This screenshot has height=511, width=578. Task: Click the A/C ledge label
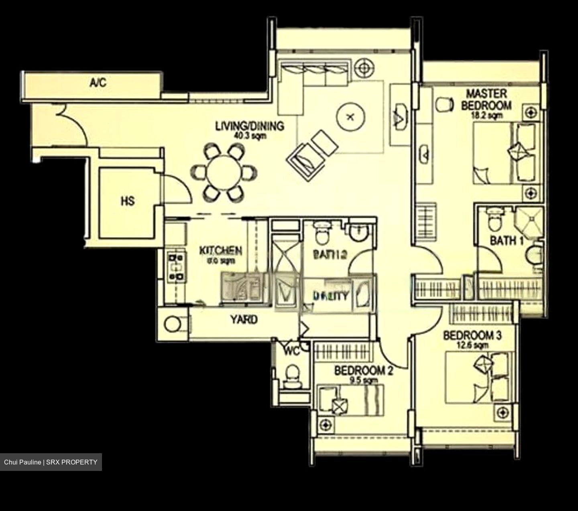(98, 83)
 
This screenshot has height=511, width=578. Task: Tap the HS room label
(128, 201)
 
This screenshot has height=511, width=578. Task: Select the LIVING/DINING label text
(250, 126)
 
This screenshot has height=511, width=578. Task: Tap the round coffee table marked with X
(350, 117)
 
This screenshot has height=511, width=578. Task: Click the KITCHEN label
(221, 251)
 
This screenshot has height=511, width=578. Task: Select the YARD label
(244, 320)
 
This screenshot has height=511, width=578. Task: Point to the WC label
(292, 351)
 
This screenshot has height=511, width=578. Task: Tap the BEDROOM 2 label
(364, 371)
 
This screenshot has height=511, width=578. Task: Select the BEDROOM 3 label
(472, 335)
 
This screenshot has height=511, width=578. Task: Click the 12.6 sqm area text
(472, 345)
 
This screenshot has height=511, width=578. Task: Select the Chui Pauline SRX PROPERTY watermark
(51, 462)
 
